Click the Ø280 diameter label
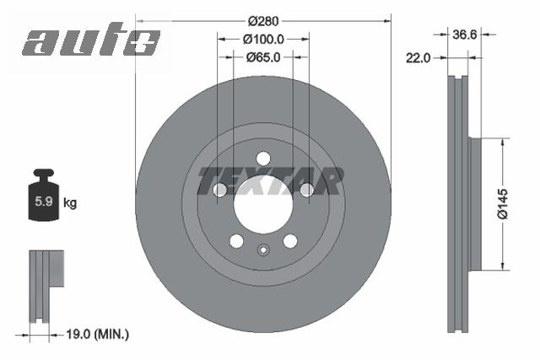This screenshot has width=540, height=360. [263, 20]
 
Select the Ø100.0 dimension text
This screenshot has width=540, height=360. [263, 39]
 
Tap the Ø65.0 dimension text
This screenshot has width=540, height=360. [263, 57]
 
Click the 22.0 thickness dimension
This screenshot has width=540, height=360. [418, 57]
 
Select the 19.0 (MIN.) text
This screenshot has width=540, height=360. [96, 335]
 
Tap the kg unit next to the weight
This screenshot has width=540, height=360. [71, 203]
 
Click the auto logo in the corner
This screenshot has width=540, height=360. [91, 41]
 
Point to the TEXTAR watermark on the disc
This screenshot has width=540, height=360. [270, 180]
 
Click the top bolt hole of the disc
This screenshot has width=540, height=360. [262, 159]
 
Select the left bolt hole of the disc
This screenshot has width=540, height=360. [219, 191]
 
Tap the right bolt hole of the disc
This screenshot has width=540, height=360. [306, 190]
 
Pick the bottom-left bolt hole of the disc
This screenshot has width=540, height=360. [236, 241]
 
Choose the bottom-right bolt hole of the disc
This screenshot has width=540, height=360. [289, 241]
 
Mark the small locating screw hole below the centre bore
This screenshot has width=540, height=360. [262, 249]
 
